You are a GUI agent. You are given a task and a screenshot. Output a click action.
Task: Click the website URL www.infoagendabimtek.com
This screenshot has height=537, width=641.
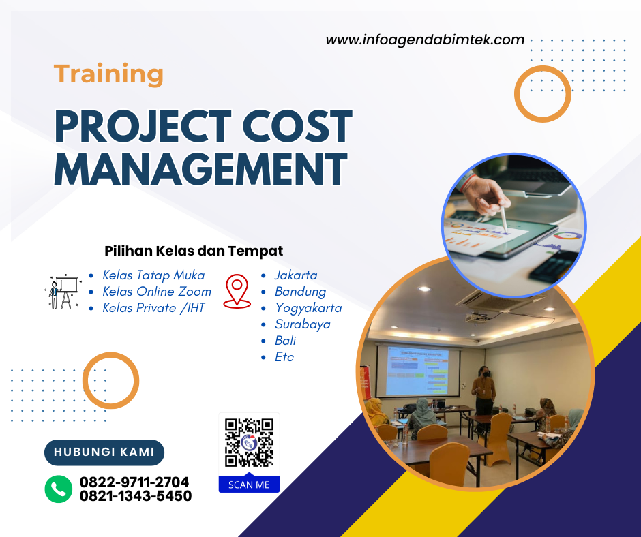point(425,40)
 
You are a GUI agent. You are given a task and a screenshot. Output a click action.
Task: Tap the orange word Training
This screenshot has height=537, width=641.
point(108,74)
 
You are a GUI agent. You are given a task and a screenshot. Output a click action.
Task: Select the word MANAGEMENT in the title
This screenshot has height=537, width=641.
point(200,168)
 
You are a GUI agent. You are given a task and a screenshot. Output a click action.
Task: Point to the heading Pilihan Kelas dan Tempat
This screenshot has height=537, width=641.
point(194,251)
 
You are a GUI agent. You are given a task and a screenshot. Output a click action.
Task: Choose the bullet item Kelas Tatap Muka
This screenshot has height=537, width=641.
point(153,275)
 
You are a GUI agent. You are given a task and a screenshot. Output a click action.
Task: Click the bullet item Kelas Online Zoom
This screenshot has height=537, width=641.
point(157,292)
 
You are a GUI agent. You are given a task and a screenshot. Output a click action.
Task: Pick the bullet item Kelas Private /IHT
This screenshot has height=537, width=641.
point(153,308)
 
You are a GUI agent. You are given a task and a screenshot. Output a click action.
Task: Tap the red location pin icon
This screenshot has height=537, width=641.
point(237,291)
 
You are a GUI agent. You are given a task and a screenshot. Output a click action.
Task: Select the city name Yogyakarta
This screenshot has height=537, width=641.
point(308,308)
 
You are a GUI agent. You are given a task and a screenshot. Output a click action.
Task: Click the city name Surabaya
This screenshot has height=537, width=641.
point(302,324)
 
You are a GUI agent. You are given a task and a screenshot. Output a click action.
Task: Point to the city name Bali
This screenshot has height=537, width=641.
point(285,341)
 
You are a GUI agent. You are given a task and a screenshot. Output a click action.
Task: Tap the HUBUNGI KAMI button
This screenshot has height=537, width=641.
point(104,452)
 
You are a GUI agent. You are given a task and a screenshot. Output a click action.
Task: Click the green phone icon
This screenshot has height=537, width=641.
point(59,489)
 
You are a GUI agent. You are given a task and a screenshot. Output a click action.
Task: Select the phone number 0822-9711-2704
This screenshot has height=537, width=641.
point(134,482)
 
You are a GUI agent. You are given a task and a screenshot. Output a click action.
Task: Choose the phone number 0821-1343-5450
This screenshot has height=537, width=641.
point(136,496)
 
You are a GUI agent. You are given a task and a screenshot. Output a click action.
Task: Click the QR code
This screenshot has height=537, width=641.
point(249,442)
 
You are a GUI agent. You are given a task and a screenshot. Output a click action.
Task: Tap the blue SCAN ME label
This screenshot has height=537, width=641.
point(249,485)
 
